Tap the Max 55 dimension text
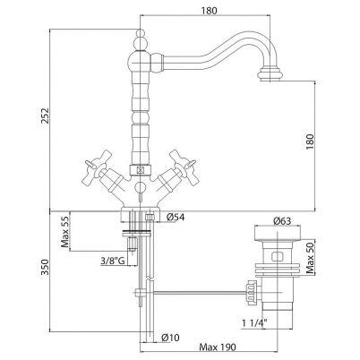pyautogui.click(x=64, y=232)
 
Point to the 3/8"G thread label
pyautogui.click(x=113, y=261)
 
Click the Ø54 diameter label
pyautogui.click(x=176, y=217)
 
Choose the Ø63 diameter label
pyautogui.click(x=282, y=221)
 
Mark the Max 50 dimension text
pyautogui.click(x=311, y=257)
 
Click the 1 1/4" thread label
pyautogui.click(x=254, y=322)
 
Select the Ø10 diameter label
pyautogui.click(x=170, y=338)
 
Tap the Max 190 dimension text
pyautogui.click(x=218, y=347)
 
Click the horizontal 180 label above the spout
pyautogui.click(x=209, y=11)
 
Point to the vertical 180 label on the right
pyautogui.click(x=311, y=141)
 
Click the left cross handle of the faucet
pyautogui.click(x=91, y=167)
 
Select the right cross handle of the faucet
pyautogui.click(x=181, y=167)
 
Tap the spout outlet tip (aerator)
pyautogui.click(x=271, y=74)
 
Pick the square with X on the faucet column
pyautogui.click(x=140, y=171)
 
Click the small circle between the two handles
pyautogui.click(x=140, y=188)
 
